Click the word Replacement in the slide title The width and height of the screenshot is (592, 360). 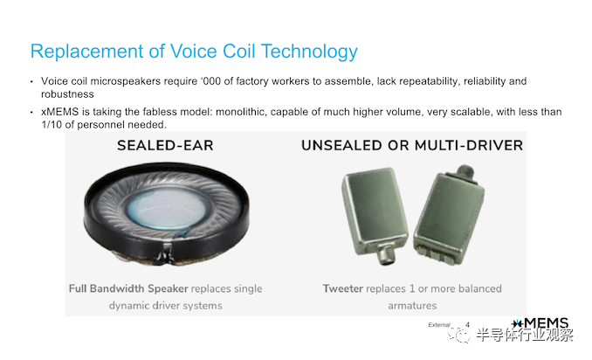[x=86, y=52]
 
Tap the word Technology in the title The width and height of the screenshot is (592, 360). [x=309, y=52]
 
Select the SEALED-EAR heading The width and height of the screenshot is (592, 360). [x=165, y=145]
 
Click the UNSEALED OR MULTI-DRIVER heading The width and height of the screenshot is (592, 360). [x=412, y=145]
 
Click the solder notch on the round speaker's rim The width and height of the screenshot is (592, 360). [x=167, y=253]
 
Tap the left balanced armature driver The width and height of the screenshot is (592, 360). [x=374, y=215]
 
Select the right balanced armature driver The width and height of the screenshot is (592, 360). [x=449, y=215]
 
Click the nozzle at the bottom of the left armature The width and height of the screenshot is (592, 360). [x=386, y=256]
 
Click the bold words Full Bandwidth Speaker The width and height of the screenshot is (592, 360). [x=128, y=288]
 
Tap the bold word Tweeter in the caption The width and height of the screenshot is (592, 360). [x=343, y=288]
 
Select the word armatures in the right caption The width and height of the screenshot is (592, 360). [x=412, y=306]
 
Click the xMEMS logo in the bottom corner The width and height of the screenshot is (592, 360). [x=540, y=323]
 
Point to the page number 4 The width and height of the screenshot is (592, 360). [x=468, y=324]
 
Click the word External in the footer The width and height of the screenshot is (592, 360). [x=439, y=325]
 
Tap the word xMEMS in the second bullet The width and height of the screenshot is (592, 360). [x=59, y=112]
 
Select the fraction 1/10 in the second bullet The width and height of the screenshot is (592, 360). [x=52, y=125]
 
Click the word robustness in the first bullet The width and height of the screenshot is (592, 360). [x=67, y=94]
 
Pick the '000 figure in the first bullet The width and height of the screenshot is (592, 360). [x=211, y=81]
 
